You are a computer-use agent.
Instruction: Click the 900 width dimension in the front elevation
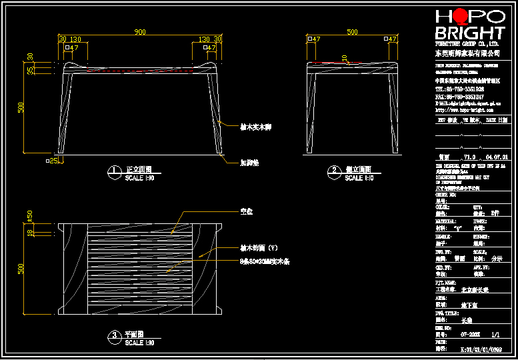[x=140, y=32]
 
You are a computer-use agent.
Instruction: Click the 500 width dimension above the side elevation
[x=352, y=32]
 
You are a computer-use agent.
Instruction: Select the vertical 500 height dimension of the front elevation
[x=21, y=107]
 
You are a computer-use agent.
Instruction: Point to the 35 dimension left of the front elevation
[x=30, y=70]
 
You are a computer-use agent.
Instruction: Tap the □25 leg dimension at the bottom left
[x=52, y=161]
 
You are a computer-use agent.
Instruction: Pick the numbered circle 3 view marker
[x=115, y=336]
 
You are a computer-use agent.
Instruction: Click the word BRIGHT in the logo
[x=469, y=33]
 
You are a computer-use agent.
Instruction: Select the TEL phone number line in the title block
[x=460, y=89]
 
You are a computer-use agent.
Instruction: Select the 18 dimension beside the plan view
[x=30, y=232]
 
